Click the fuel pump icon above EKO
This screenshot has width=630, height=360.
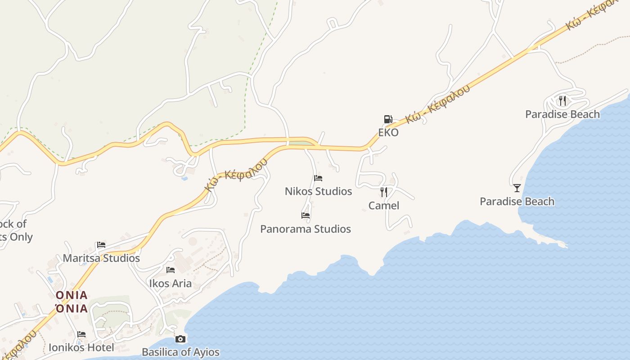pos(387,119)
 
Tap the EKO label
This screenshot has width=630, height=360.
pos(388,133)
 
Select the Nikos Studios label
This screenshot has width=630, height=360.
pos(318,191)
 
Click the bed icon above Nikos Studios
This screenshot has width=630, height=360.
pos(318,178)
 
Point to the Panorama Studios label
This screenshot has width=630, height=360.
pos(306,229)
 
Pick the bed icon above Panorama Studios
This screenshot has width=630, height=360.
pos(306,216)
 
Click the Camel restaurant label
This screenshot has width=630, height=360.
pos(384,206)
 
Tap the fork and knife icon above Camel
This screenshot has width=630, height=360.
pos(384,192)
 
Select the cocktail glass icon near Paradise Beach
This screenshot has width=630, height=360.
pos(517,188)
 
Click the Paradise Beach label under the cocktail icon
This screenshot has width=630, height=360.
pos(517,201)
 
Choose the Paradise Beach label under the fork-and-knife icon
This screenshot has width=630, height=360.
pos(562,114)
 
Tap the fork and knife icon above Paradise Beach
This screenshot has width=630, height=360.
pos(562,100)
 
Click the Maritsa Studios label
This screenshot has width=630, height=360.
pos(101,258)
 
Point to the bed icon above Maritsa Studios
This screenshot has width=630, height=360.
pos(101,245)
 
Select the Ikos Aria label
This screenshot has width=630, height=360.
pos(171,283)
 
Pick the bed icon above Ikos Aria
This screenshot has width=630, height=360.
pos(171,270)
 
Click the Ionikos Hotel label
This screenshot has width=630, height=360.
pos(81,348)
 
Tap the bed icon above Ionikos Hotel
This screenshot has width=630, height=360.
pos(81,334)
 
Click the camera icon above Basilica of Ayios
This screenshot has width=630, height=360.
pos(180,339)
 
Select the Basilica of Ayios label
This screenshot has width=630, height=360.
pos(180,352)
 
